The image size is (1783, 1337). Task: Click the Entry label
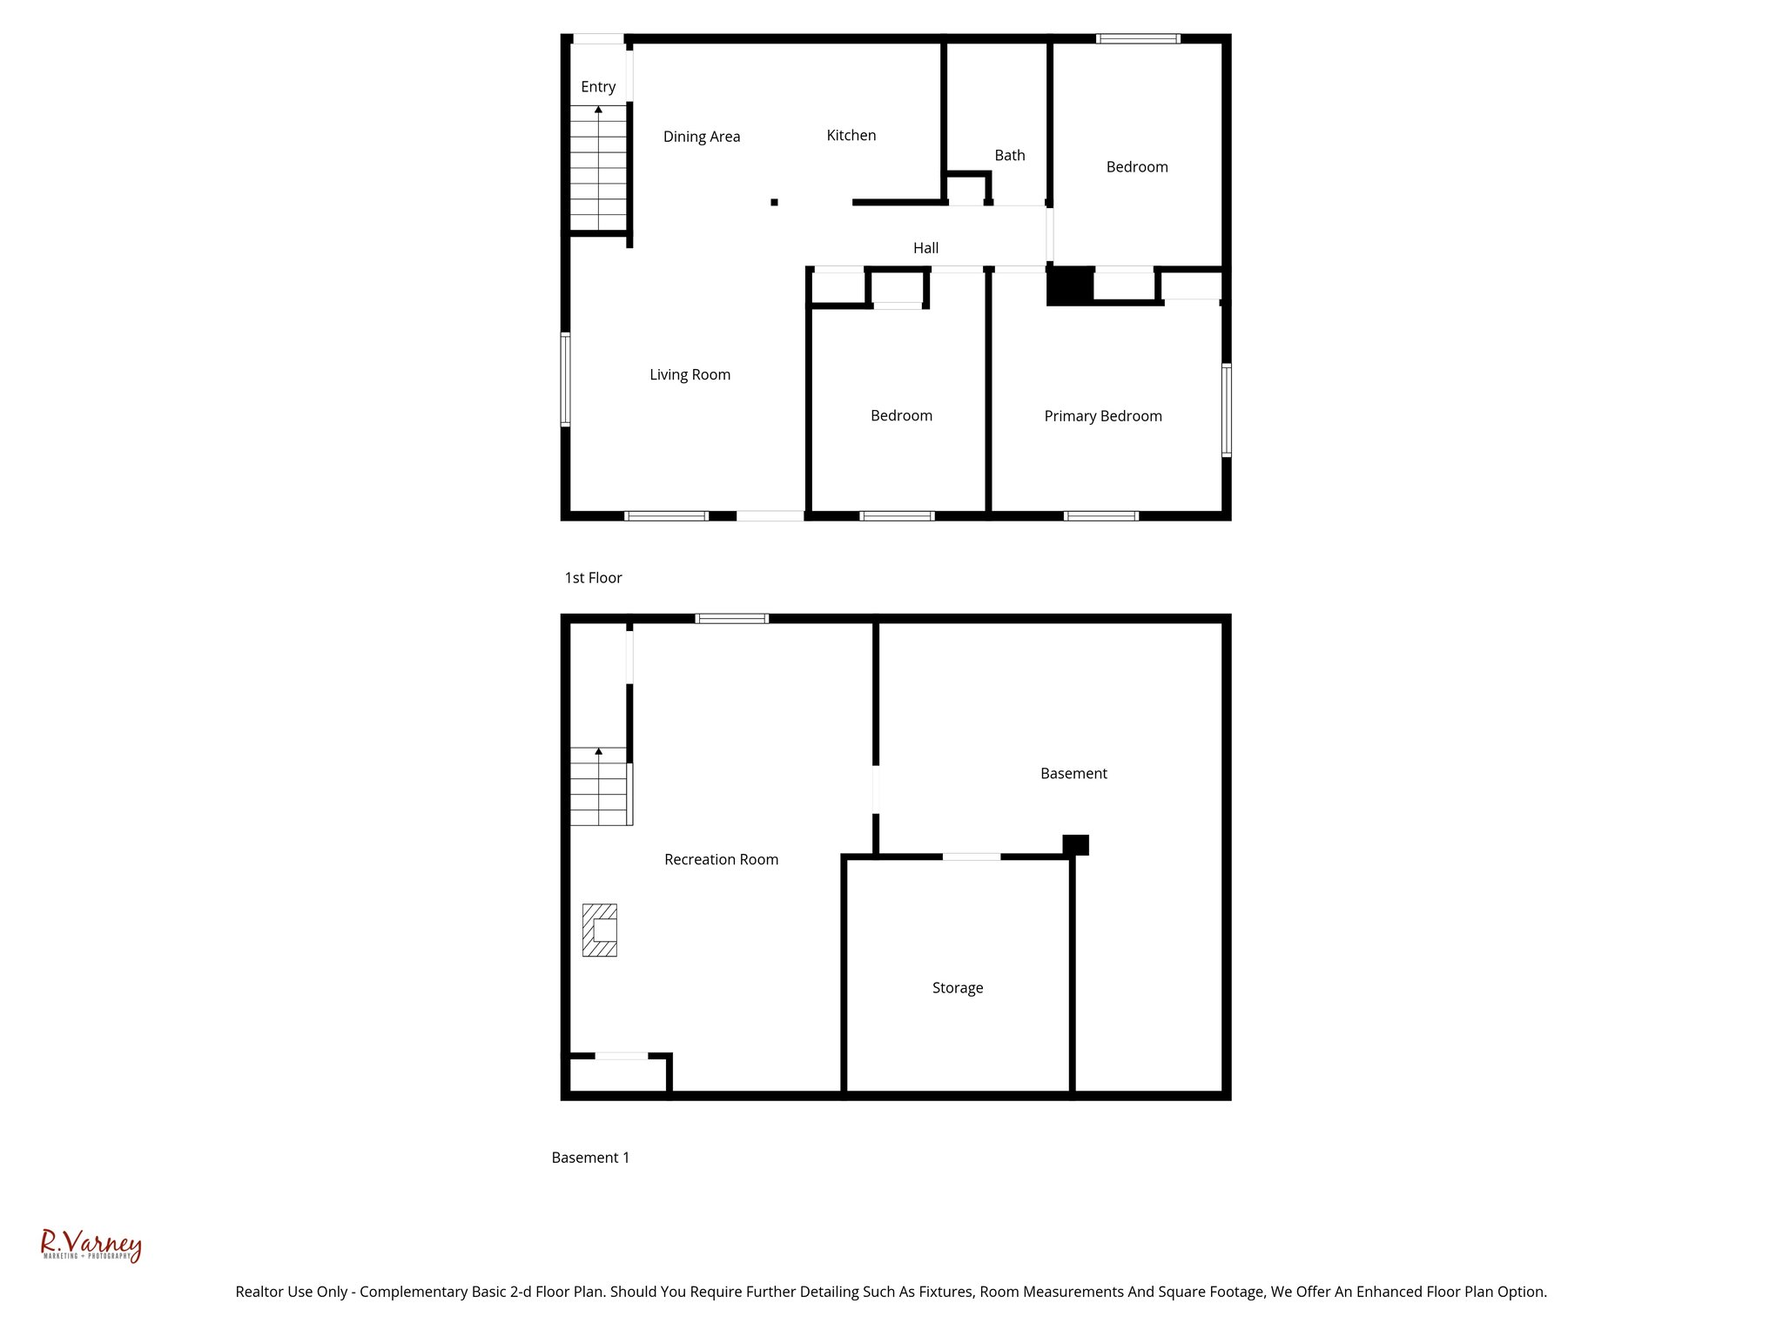[598, 87]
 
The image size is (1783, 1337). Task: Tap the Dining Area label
[701, 137]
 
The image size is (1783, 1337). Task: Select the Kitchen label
[851, 135]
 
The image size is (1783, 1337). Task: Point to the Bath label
[1009, 155]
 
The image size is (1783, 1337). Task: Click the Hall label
[925, 248]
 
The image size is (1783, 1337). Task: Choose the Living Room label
[690, 374]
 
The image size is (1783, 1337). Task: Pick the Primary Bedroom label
[1102, 416]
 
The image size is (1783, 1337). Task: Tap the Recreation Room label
[721, 859]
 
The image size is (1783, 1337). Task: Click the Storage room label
[957, 988]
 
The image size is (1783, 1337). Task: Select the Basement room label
[1073, 773]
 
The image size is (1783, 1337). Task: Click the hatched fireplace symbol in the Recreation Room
[600, 931]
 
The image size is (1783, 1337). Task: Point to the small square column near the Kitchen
[774, 202]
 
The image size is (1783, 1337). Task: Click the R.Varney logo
[91, 1245]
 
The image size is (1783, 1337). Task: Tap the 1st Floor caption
[593, 578]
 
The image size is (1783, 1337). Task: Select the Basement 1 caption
[589, 1158]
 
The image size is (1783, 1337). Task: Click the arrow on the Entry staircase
[598, 111]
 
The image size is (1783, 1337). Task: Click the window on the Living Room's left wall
[565, 380]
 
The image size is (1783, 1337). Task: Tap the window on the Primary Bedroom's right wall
[1226, 410]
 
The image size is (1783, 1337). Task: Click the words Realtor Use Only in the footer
[291, 1292]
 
